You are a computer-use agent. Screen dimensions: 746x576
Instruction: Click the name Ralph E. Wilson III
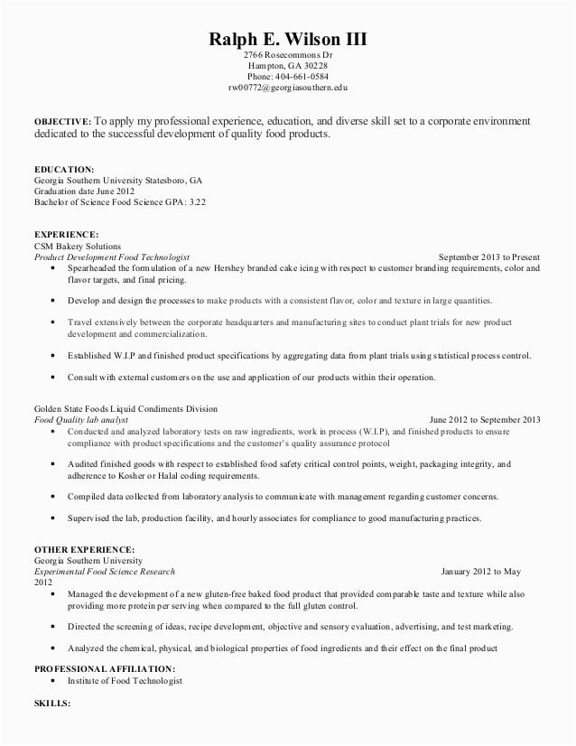click(x=288, y=39)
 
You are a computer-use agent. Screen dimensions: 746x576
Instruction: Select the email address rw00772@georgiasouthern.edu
click(x=288, y=88)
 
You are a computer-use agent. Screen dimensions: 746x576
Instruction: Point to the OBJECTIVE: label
click(x=62, y=121)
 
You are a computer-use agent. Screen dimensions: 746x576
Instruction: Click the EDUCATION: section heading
click(x=64, y=169)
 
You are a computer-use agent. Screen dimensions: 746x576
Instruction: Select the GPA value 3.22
click(x=196, y=202)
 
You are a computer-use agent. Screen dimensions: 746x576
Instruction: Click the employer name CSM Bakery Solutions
click(x=77, y=246)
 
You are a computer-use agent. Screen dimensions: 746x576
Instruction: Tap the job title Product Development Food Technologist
click(x=111, y=256)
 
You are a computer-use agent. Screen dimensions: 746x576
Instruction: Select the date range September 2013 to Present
click(x=489, y=256)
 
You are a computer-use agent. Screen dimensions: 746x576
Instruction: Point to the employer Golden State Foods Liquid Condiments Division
click(x=125, y=409)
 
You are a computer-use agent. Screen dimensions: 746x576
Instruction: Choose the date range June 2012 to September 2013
click(x=485, y=420)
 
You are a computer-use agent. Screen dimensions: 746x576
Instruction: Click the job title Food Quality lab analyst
click(x=81, y=420)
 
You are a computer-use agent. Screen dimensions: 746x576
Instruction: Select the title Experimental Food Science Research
click(x=104, y=572)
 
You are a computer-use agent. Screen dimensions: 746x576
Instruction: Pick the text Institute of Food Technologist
click(x=125, y=680)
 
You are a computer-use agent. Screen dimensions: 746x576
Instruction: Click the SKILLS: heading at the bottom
click(x=51, y=702)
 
